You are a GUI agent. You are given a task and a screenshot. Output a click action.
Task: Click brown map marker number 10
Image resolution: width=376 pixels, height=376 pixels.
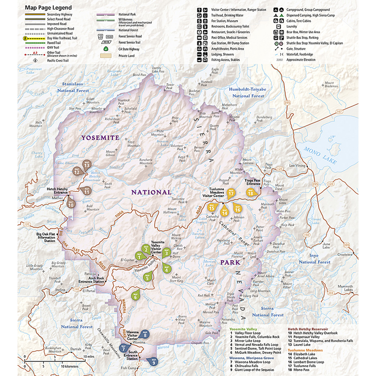(x=70, y=203)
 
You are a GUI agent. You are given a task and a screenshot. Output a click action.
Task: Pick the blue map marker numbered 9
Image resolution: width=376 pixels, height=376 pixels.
(x=153, y=361)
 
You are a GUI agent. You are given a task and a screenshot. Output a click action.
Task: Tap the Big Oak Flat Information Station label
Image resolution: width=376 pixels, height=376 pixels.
(x=49, y=236)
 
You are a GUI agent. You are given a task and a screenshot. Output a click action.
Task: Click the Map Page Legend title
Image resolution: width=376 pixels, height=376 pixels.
(x=49, y=8)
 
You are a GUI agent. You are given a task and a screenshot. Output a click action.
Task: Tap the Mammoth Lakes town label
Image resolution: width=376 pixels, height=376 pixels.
(x=342, y=288)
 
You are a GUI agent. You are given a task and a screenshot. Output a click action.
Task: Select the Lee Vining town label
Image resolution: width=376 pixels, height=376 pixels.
(x=297, y=165)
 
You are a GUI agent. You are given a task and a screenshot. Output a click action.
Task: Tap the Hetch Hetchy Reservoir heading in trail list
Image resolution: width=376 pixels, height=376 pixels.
(x=308, y=329)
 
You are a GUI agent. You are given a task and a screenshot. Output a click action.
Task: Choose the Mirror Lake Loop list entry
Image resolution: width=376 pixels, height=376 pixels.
(x=253, y=341)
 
